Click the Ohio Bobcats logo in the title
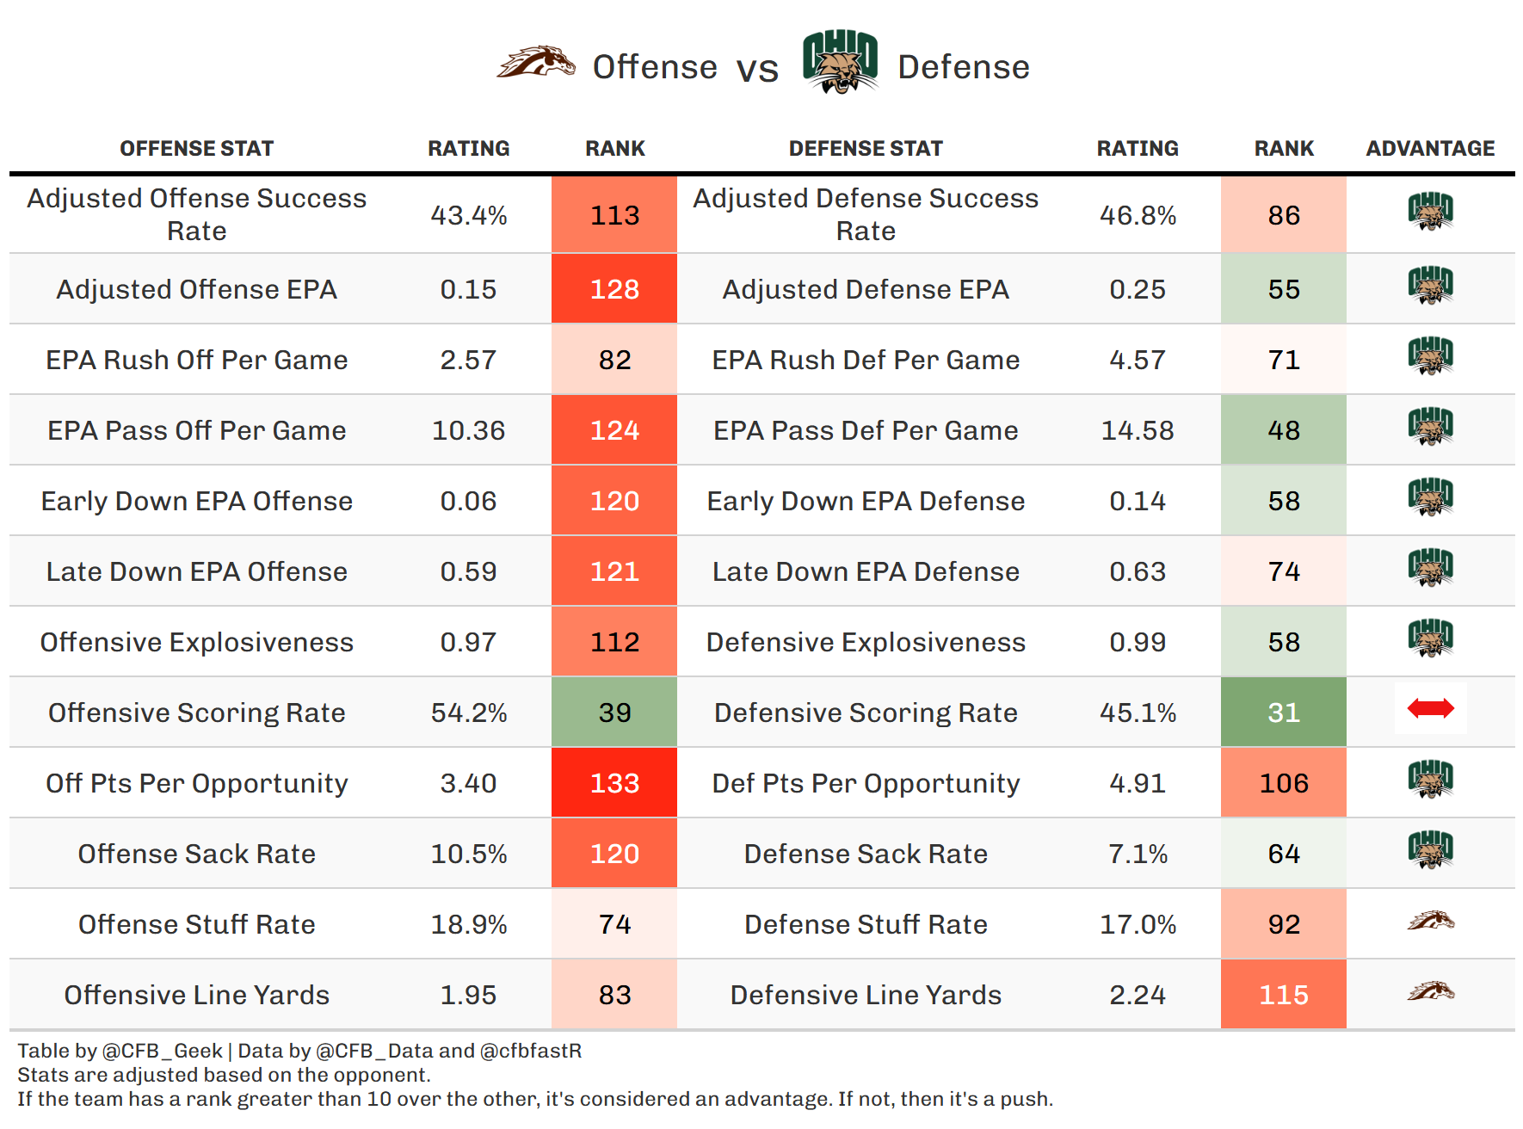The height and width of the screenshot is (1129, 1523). tap(840, 62)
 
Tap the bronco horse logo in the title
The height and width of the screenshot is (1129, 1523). tap(536, 63)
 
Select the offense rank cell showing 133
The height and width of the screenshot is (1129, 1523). tap(614, 783)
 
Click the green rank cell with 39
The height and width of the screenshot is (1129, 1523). tap(614, 713)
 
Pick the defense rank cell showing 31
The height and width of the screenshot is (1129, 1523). tap(1283, 713)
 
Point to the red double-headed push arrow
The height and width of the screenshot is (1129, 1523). tap(1430, 709)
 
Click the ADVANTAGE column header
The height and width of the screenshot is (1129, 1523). tap(1430, 149)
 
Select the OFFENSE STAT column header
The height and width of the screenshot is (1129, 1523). tap(196, 149)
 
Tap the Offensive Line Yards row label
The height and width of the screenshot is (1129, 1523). tap(196, 995)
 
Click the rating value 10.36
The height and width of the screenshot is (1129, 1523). tap(468, 430)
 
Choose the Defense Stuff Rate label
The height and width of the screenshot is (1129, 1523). tap(866, 924)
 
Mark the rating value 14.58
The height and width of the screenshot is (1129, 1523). tap(1138, 430)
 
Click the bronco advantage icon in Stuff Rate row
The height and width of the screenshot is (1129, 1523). tap(1430, 922)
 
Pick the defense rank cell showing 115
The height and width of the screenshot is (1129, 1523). tap(1283, 995)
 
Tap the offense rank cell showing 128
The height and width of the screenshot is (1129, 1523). tap(614, 289)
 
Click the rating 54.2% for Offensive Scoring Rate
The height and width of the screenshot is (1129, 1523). tap(468, 713)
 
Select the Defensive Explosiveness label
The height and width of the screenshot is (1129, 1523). tap(866, 642)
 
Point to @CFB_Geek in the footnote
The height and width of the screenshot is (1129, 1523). tap(162, 1051)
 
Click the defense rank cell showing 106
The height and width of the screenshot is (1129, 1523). tap(1283, 783)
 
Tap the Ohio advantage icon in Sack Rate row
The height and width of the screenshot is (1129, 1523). tap(1430, 850)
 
